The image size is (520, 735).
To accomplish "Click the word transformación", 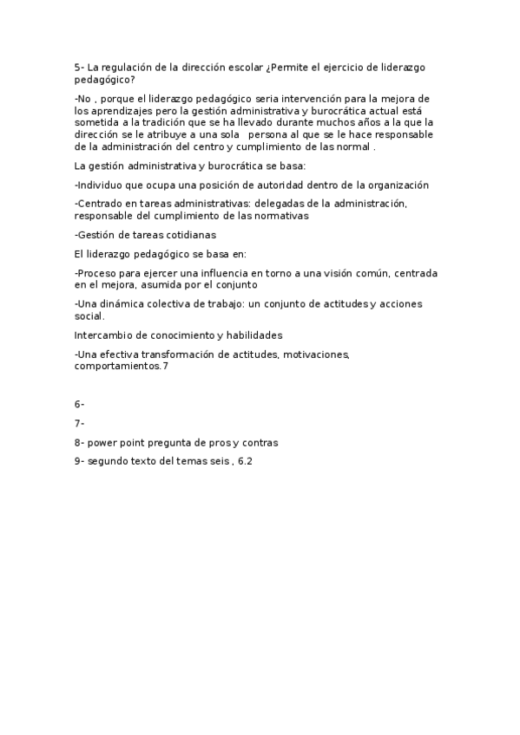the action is click(181, 354).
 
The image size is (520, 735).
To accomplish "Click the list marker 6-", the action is click(80, 404).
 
